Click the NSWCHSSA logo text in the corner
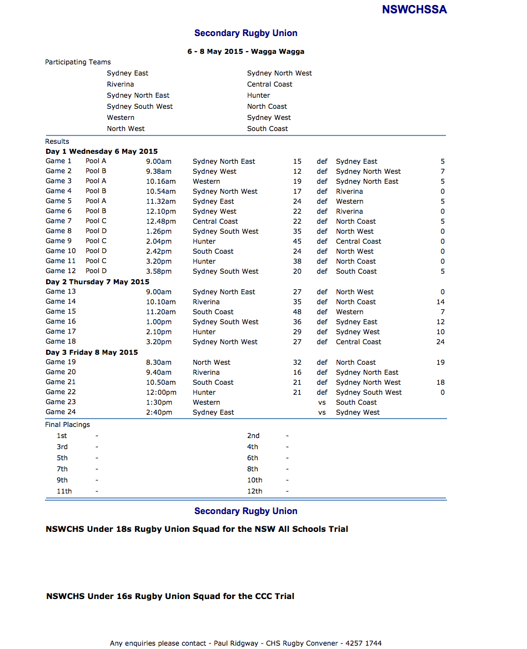click(414, 9)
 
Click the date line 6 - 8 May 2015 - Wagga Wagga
click(245, 52)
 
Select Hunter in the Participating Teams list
click(258, 95)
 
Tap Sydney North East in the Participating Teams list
click(138, 95)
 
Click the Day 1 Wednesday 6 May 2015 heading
click(102, 152)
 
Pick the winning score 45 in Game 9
click(297, 242)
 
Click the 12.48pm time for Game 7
click(160, 222)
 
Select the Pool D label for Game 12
click(96, 271)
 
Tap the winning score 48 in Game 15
click(297, 312)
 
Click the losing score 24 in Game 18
click(440, 342)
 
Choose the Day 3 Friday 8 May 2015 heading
click(92, 353)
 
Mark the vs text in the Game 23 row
click(322, 403)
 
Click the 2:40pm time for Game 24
click(159, 412)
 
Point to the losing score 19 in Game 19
click(440, 363)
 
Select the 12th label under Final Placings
click(254, 491)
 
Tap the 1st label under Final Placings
click(62, 436)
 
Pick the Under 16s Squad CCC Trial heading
click(170, 596)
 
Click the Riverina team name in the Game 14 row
click(206, 302)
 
